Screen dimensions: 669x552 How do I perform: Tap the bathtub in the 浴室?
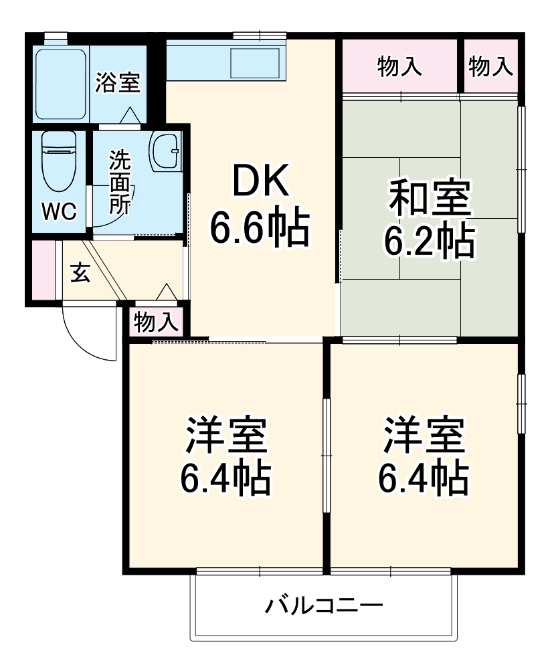[60, 82]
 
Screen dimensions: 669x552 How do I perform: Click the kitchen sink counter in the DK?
[225, 62]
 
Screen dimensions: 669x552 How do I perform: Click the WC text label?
[60, 212]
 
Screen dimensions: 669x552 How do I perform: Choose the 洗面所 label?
[120, 181]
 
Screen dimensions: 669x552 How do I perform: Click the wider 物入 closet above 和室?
[399, 66]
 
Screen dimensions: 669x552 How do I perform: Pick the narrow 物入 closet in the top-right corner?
[490, 66]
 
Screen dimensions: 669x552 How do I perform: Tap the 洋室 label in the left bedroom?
[227, 436]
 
